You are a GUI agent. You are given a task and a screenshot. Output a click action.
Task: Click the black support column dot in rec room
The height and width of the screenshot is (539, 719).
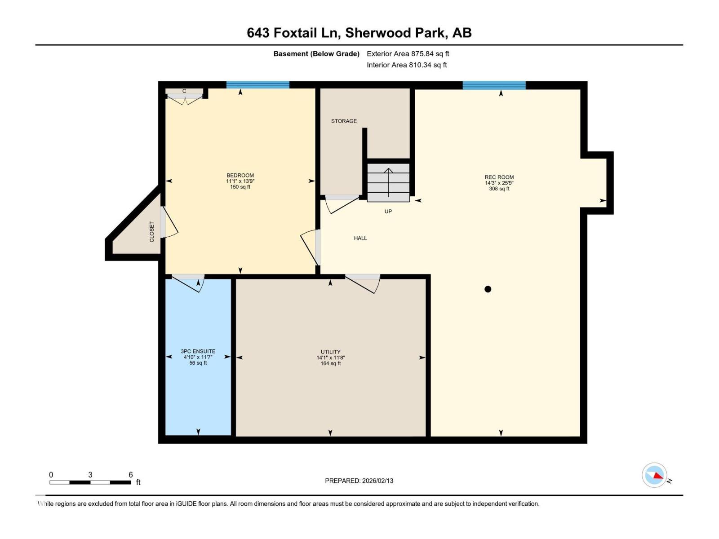(x=488, y=289)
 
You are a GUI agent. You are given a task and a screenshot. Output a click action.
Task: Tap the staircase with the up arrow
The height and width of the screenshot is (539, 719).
(x=388, y=182)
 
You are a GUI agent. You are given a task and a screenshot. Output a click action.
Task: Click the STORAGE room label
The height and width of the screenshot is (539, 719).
(x=344, y=121)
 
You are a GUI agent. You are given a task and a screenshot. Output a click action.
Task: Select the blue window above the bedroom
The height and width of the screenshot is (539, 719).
(x=257, y=85)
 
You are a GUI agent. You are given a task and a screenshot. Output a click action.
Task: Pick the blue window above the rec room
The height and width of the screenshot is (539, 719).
(x=494, y=85)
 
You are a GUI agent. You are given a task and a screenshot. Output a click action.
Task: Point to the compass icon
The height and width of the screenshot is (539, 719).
(x=654, y=475)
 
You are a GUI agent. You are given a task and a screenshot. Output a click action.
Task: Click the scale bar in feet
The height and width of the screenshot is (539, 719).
(x=90, y=482)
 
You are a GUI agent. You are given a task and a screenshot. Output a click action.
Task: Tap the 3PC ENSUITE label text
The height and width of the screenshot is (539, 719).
(x=198, y=351)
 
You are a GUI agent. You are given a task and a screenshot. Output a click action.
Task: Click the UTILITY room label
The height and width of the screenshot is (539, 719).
(x=330, y=352)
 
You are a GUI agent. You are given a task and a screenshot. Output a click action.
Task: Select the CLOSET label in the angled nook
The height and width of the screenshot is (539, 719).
(x=152, y=232)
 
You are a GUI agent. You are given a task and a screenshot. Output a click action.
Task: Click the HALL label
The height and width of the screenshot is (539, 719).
(x=360, y=239)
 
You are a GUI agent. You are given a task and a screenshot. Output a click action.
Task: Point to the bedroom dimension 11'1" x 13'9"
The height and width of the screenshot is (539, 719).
(x=240, y=181)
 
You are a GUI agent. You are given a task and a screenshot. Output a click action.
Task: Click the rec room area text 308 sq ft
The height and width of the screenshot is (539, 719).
(x=499, y=189)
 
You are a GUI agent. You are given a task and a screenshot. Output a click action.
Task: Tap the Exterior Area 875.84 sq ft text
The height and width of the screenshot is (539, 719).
(x=408, y=54)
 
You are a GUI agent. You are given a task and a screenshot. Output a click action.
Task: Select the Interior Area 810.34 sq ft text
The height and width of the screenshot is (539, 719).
(x=407, y=65)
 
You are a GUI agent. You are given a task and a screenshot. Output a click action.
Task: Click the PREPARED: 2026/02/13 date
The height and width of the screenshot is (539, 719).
(x=359, y=481)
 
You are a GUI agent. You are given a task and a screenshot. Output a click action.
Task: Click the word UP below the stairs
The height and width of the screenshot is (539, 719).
(x=388, y=212)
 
